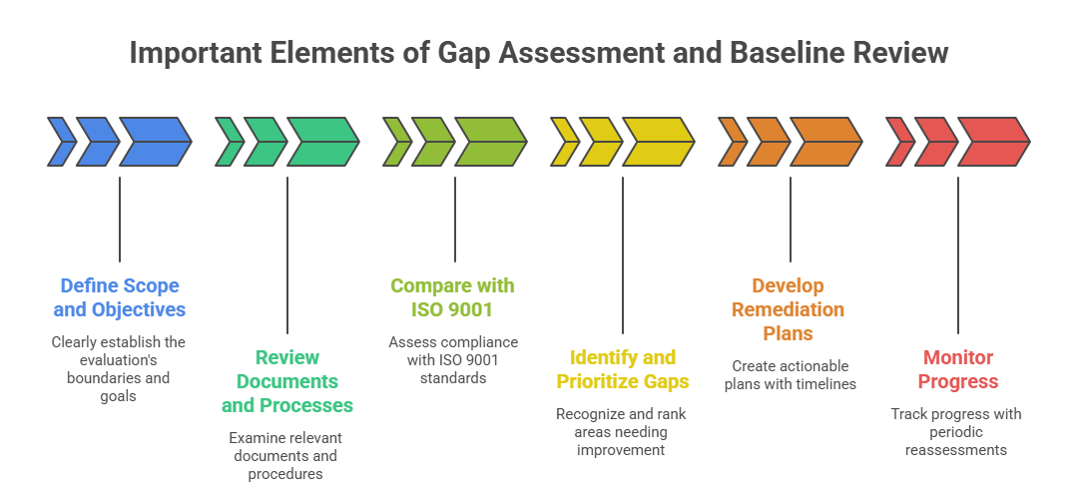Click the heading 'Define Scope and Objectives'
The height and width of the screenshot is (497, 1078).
click(120, 297)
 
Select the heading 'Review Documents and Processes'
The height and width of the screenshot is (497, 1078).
click(287, 381)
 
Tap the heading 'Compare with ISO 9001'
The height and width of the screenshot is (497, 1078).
click(453, 297)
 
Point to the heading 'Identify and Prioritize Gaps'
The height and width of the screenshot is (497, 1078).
click(622, 369)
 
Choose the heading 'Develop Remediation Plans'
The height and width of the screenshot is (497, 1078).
click(789, 309)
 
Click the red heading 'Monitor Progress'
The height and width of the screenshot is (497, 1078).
click(958, 369)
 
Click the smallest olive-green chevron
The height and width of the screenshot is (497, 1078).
click(397, 141)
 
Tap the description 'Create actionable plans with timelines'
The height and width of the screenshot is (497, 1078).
click(789, 375)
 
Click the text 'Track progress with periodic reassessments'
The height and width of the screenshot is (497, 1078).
click(956, 431)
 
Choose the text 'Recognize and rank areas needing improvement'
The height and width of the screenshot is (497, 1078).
click(622, 431)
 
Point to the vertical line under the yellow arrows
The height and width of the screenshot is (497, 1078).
click(622, 254)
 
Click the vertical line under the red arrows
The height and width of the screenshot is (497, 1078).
click(958, 254)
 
